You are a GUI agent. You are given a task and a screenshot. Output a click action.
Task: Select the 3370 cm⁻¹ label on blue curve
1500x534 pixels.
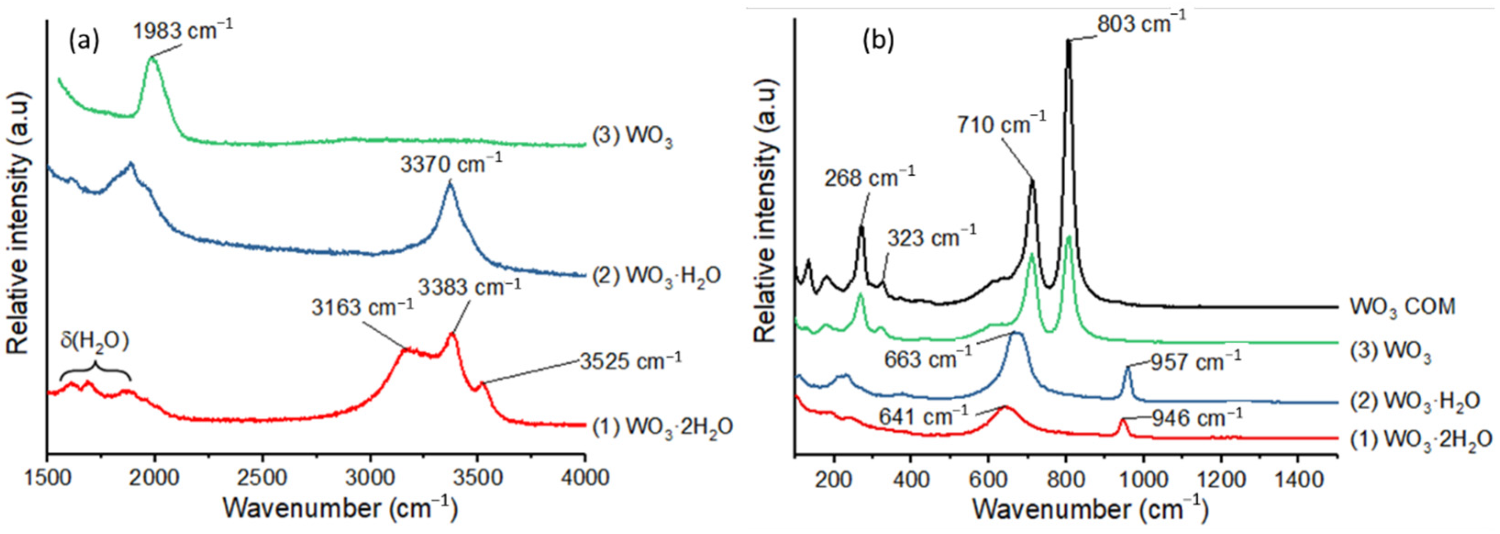pyautogui.click(x=451, y=165)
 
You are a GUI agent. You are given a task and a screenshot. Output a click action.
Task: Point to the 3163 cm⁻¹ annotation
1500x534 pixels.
pyautogui.click(x=362, y=307)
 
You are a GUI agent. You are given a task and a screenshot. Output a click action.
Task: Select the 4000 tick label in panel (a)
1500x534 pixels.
pyautogui.click(x=584, y=478)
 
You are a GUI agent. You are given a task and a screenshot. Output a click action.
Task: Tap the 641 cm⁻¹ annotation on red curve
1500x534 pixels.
pyautogui.click(x=924, y=417)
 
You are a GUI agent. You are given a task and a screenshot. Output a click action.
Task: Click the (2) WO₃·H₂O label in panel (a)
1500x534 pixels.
pyautogui.click(x=656, y=275)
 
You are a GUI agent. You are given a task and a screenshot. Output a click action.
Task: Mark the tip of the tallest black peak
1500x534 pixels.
pyautogui.click(x=1068, y=41)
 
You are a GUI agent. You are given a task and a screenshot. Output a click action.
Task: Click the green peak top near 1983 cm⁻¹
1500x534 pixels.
pyautogui.click(x=153, y=59)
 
